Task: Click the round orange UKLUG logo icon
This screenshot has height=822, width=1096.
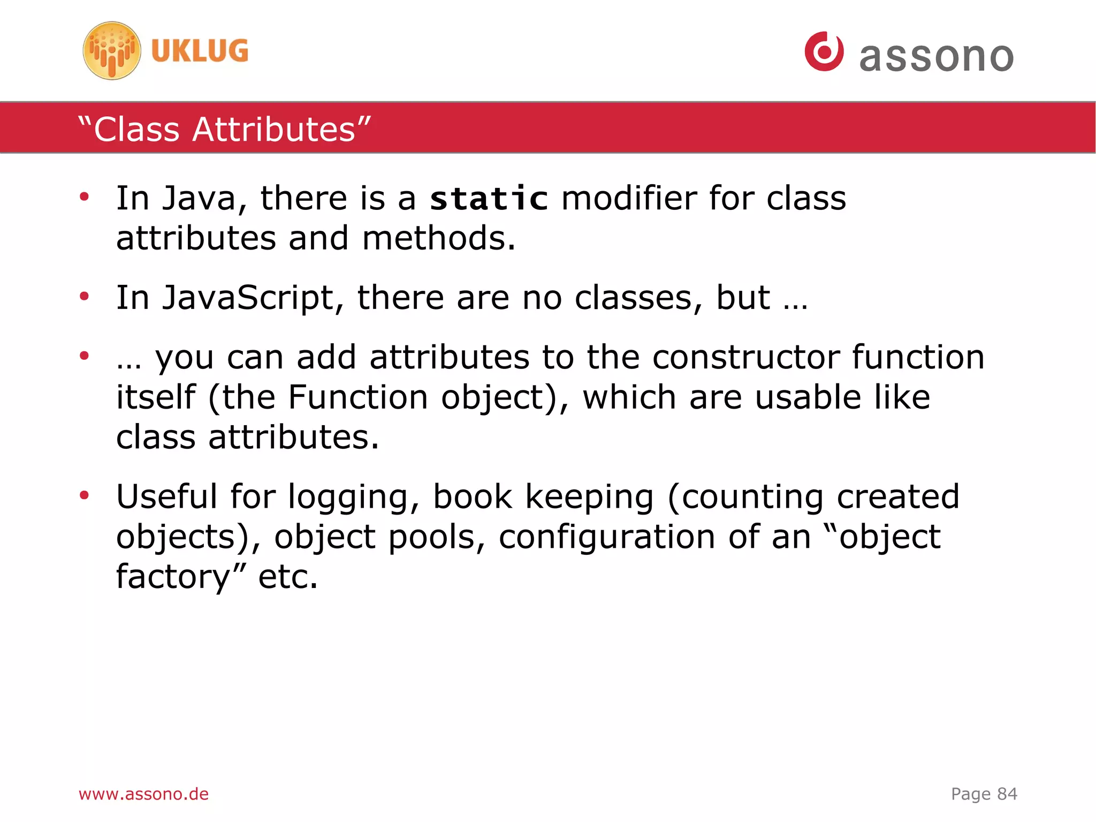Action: pos(112,51)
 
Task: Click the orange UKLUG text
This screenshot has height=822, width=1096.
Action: pos(200,51)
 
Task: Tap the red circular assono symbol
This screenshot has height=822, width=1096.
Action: pos(824,51)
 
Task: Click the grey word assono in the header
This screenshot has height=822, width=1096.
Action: pos(936,57)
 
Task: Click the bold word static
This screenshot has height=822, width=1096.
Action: pos(489,199)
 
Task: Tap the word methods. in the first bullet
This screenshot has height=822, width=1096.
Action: pos(438,238)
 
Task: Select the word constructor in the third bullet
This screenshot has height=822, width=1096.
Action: pos(746,357)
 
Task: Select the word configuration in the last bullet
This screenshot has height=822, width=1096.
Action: pos(606,537)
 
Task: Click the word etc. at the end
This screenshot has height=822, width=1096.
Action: pos(288,577)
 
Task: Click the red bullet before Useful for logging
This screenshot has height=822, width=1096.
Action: pos(84,495)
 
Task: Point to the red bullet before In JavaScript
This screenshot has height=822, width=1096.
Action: pos(84,296)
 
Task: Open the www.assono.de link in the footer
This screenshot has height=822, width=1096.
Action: pos(143,794)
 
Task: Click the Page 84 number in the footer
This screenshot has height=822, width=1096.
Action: pos(984,794)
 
